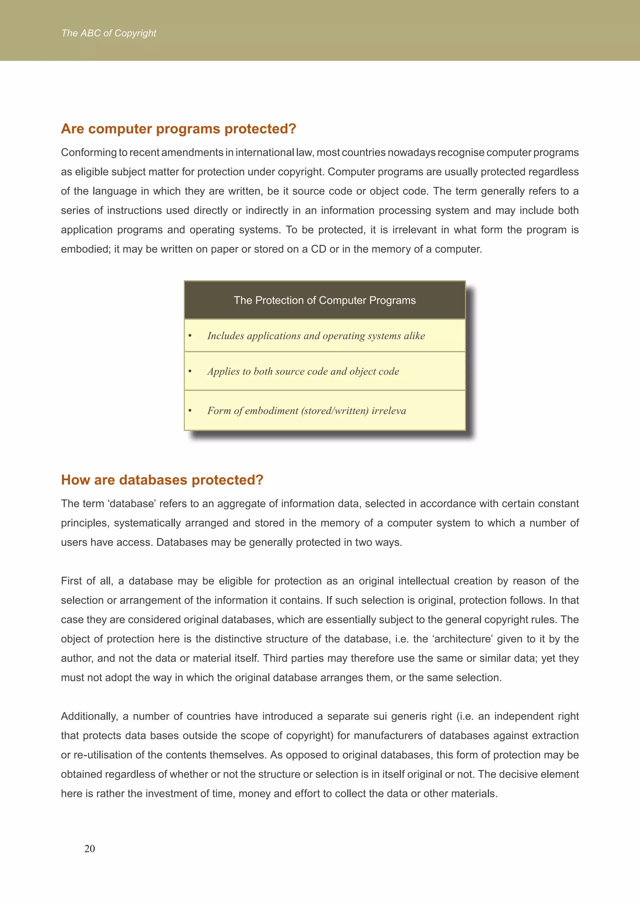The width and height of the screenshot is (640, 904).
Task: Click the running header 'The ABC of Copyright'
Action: click(x=109, y=33)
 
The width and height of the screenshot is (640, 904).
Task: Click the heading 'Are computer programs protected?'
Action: click(x=178, y=129)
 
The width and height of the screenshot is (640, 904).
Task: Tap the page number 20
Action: click(x=89, y=848)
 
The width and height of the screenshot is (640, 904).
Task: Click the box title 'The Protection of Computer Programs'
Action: click(x=324, y=300)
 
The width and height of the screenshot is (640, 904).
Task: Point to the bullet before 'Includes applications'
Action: click(x=190, y=336)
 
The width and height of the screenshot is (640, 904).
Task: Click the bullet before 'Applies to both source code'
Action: click(x=190, y=371)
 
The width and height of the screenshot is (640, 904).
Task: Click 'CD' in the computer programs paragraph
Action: click(x=318, y=249)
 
